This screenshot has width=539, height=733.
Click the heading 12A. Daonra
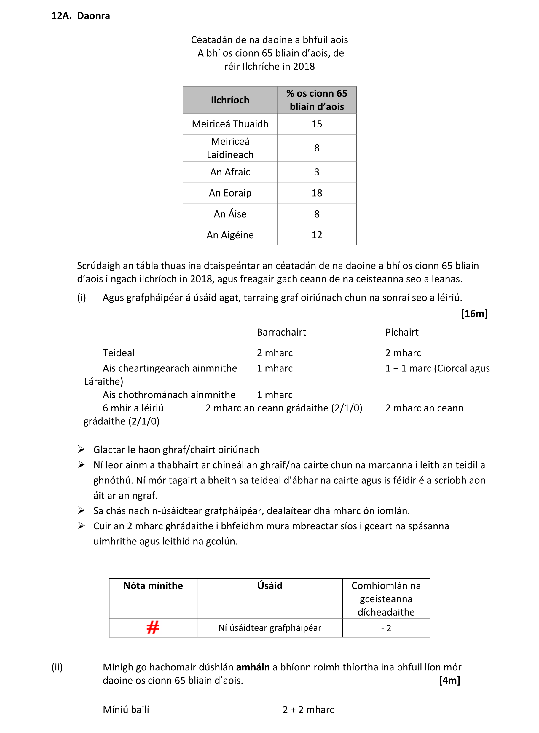click(x=80, y=16)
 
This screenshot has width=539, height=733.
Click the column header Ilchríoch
click(x=230, y=100)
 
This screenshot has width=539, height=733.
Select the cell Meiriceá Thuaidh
click(x=230, y=124)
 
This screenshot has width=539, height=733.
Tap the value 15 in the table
click(x=316, y=124)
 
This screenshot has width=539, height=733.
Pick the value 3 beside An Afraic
click(x=316, y=172)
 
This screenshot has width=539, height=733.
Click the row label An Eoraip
click(x=230, y=193)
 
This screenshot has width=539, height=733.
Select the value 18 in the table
click(x=316, y=193)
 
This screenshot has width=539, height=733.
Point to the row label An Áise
click(x=230, y=214)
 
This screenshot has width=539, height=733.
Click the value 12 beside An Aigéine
click(x=316, y=235)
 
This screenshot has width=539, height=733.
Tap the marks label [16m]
click(x=474, y=314)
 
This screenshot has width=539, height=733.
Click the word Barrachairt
click(x=281, y=332)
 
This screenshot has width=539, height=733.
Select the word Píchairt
click(x=402, y=332)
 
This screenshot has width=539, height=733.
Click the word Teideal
click(x=118, y=353)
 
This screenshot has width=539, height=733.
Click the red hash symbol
click(x=153, y=627)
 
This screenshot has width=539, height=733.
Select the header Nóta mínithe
click(x=153, y=586)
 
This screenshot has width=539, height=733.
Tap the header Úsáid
click(x=269, y=586)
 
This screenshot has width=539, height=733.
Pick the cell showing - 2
click(x=386, y=628)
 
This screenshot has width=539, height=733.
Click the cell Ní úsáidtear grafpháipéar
click(x=269, y=628)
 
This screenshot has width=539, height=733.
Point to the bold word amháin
click(x=253, y=667)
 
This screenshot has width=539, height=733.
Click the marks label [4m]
click(x=449, y=681)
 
